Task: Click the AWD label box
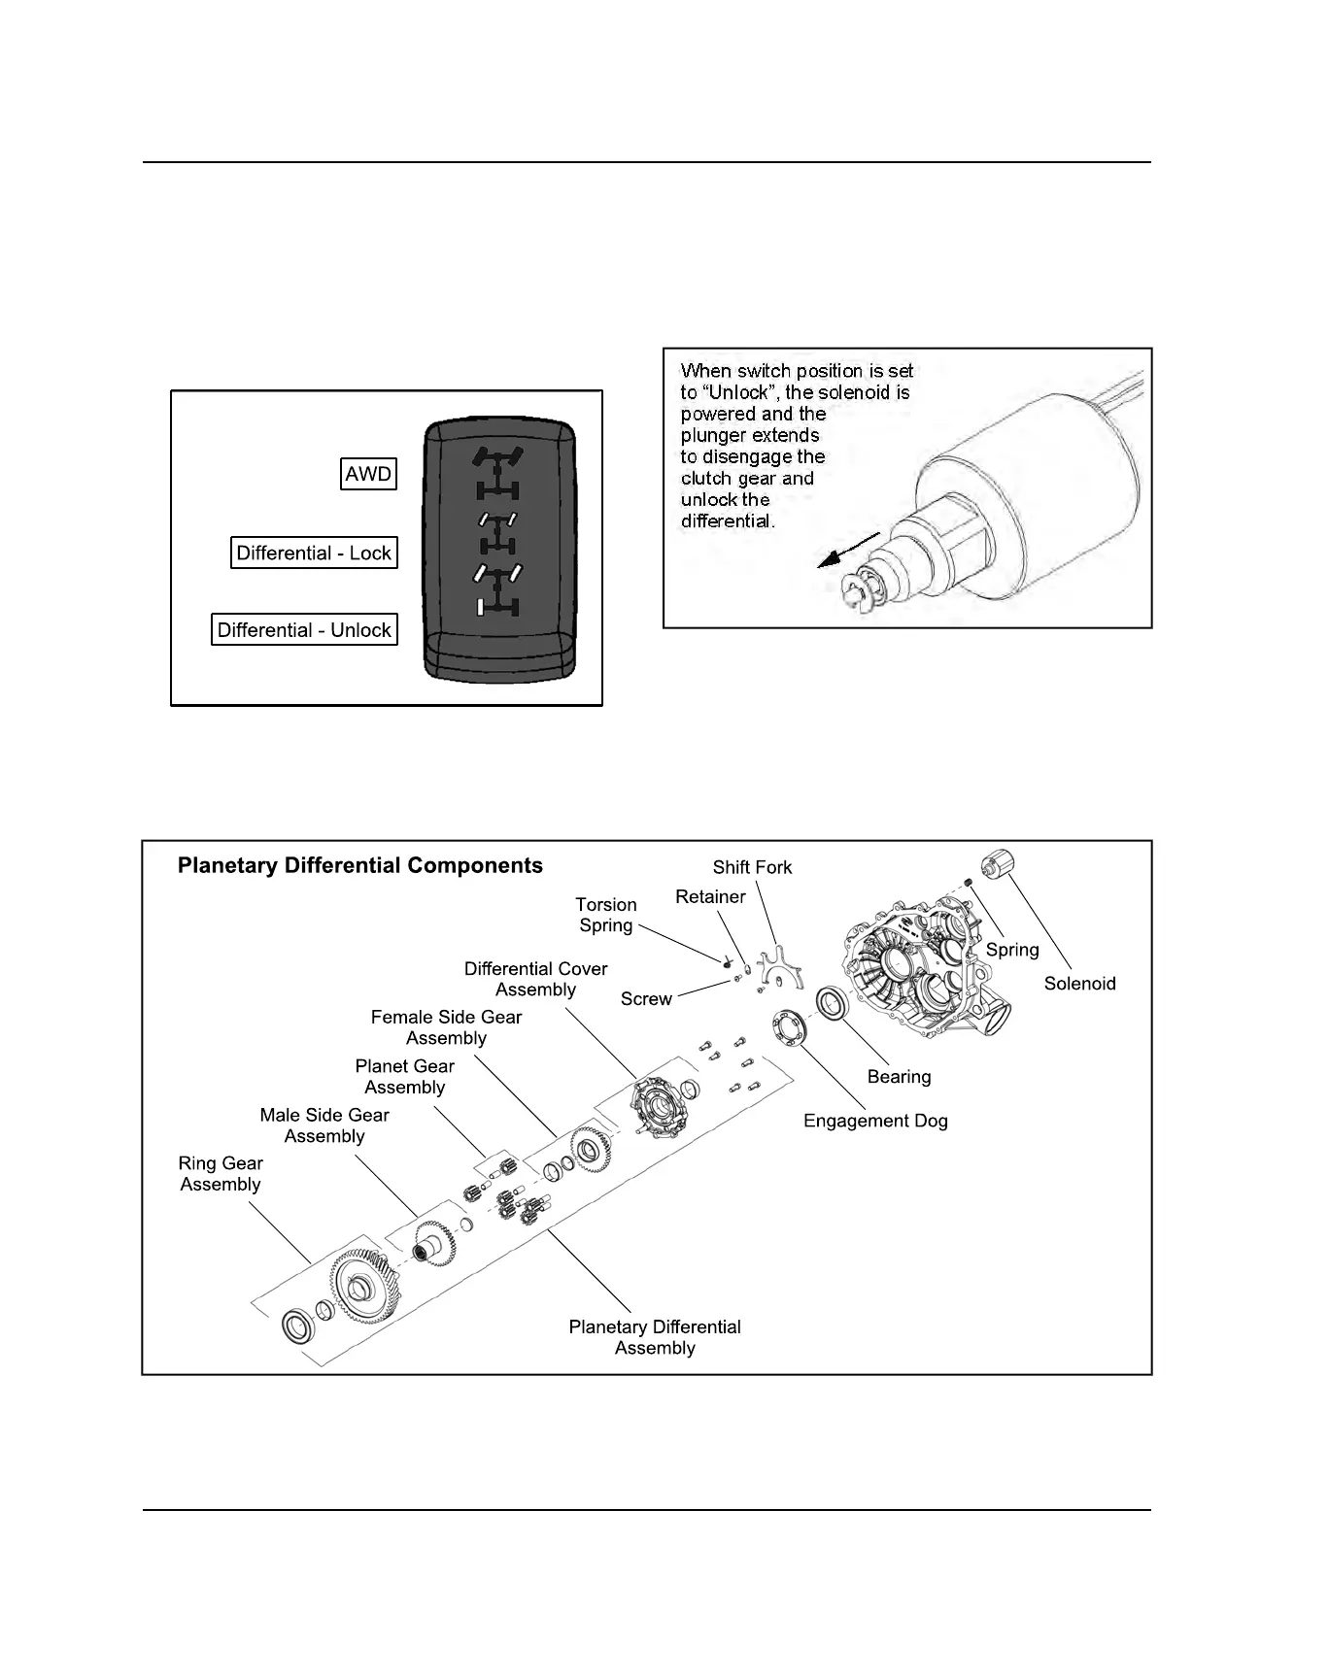pos(368,474)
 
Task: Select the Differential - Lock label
pos(314,553)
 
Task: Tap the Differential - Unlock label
pos(304,629)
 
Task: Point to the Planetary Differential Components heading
pos(359,865)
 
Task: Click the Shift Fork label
pos(752,867)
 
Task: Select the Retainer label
pos(710,896)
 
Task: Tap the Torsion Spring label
pos(606,915)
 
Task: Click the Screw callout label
pos(646,998)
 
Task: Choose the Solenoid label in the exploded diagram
pos(1079,983)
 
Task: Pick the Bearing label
pos(899,1076)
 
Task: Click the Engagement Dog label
pos(875,1121)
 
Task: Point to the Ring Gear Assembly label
pos(221,1173)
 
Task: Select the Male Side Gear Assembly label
pos(324,1125)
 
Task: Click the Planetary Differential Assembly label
pos(655,1337)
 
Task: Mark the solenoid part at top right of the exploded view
pos(998,862)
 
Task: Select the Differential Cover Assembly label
pos(535,979)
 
